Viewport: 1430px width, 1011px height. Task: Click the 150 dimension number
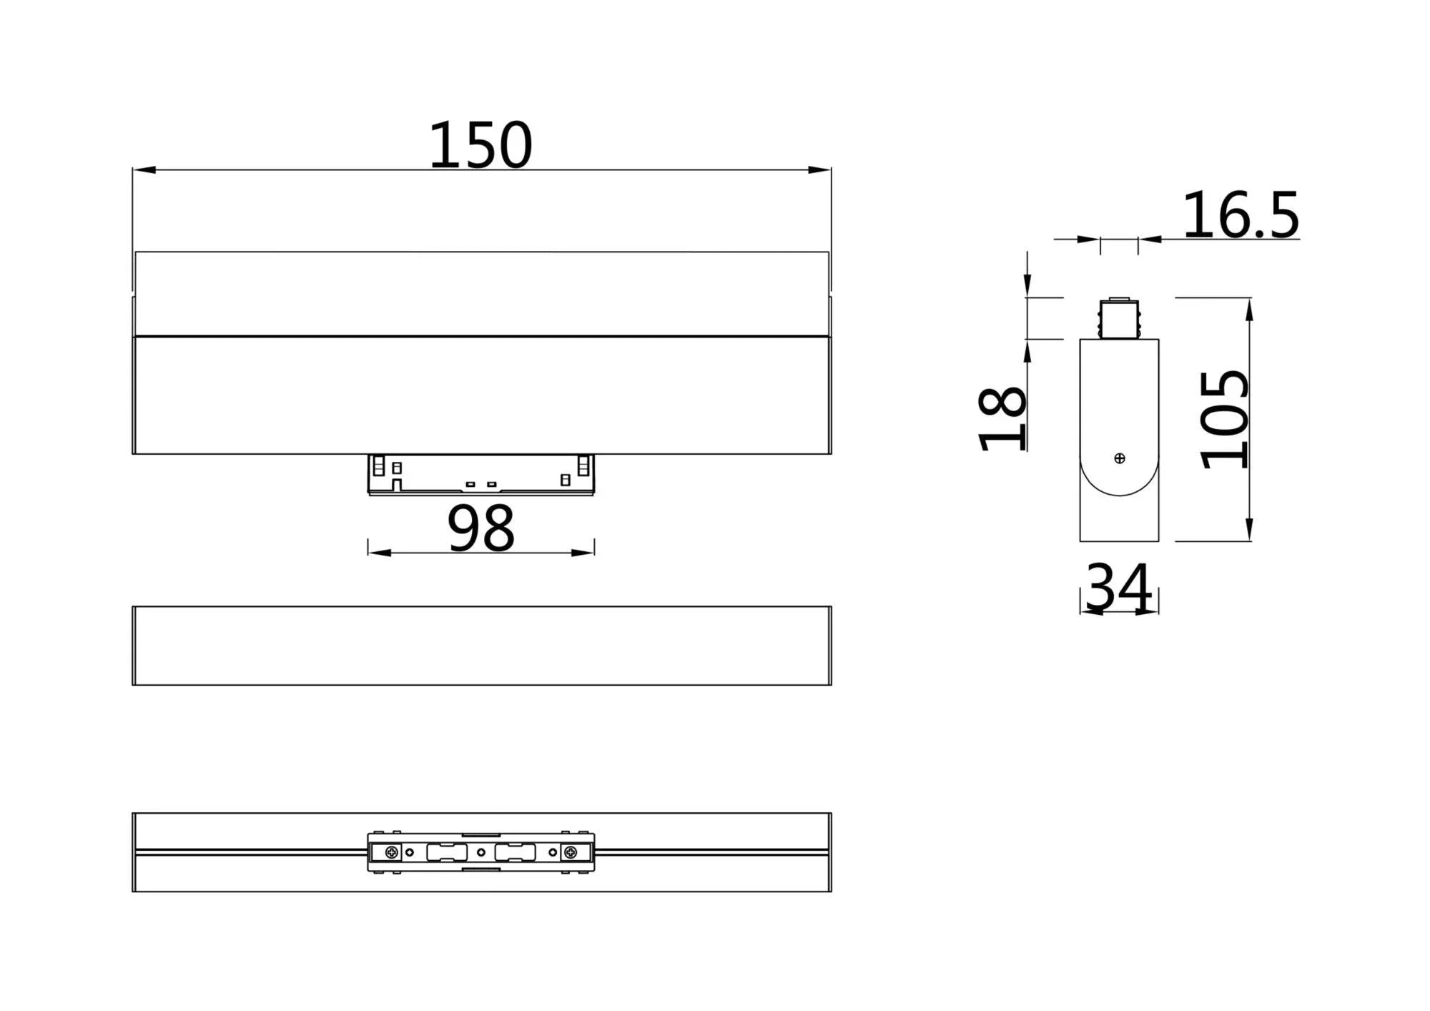click(480, 146)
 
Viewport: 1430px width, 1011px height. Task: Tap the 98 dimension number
click(480, 528)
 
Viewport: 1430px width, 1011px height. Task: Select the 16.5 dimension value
click(1240, 216)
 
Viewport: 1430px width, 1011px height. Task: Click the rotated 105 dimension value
click(1225, 420)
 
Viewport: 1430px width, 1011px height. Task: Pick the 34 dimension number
click(1118, 588)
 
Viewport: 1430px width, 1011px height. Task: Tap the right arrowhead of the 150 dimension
click(819, 169)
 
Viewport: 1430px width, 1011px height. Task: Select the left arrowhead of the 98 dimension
click(379, 553)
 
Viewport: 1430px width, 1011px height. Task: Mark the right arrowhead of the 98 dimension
click(583, 553)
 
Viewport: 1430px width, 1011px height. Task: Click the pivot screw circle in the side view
click(1120, 458)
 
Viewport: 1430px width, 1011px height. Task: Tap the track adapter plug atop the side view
click(1119, 319)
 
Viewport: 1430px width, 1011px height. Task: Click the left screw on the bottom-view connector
click(392, 852)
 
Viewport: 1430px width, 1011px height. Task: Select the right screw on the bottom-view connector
click(571, 852)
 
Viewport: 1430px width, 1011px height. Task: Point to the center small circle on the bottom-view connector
click(481, 852)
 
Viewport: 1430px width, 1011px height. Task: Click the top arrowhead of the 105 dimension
click(1249, 309)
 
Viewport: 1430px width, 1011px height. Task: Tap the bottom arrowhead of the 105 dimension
click(1249, 530)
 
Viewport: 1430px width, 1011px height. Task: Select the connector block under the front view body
click(480, 474)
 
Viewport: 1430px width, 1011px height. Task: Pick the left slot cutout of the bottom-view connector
click(447, 852)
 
